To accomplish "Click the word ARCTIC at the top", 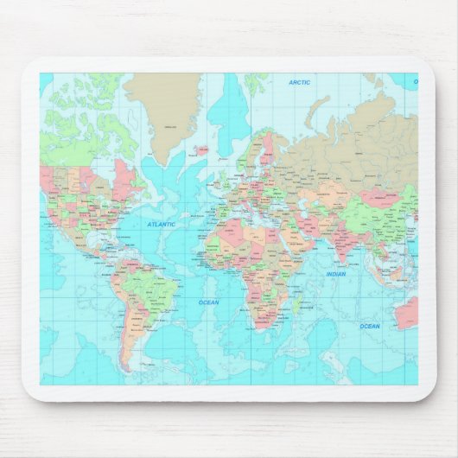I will point(300,82).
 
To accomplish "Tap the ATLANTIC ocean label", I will point(161,224).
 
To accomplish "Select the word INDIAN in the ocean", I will point(336,274).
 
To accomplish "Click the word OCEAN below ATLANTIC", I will point(208,302).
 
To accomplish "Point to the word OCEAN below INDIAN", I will point(369,326).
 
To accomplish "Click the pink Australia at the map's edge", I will point(405,312).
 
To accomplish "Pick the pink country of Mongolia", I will point(381,197).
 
